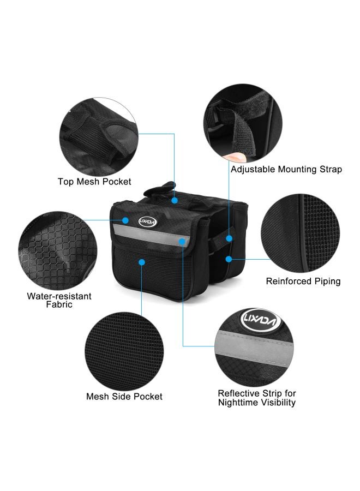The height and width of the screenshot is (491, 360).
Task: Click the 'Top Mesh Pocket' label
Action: [x=94, y=182]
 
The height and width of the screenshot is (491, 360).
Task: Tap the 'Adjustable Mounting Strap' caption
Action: [x=286, y=170]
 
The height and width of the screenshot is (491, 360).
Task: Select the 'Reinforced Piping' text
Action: [x=303, y=281]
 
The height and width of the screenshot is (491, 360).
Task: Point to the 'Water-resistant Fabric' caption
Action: [x=59, y=300]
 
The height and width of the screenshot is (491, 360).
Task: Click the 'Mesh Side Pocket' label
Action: [x=124, y=397]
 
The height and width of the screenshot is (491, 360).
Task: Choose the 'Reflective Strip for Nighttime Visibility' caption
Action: [x=257, y=398]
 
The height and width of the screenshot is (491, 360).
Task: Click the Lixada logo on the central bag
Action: [x=148, y=222]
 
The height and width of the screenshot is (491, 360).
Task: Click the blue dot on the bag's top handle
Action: [x=175, y=200]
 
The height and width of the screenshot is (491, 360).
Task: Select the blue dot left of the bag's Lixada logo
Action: [x=125, y=220]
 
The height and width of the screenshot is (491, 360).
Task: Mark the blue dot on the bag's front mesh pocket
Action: [x=142, y=262]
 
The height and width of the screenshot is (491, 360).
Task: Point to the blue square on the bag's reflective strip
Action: [x=182, y=241]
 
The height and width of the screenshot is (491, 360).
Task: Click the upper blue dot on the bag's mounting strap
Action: [x=229, y=238]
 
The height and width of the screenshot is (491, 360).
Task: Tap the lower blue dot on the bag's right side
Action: [x=229, y=259]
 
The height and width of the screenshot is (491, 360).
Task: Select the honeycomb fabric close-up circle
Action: [x=58, y=250]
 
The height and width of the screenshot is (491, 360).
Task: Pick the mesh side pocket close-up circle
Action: [x=124, y=351]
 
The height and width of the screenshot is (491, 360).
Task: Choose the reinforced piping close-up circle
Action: [x=301, y=233]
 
